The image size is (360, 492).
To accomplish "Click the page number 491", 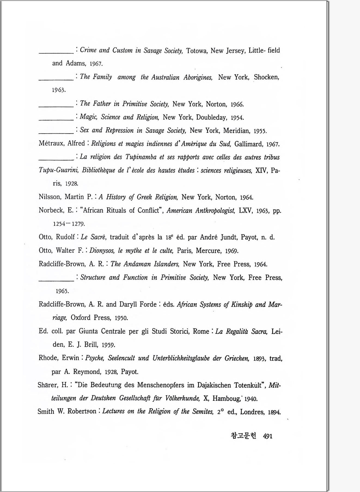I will coord(268,436).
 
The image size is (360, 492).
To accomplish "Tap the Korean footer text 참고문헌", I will coord(243,436).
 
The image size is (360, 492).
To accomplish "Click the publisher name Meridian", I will coord(237,131).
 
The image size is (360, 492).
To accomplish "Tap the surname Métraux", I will coord(51,144).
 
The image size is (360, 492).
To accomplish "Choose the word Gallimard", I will coord(249,144).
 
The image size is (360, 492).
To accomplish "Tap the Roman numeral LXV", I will coord(246,211).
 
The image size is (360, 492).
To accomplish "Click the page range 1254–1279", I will coord(69,224).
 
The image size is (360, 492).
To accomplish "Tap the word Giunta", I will coord(88,331).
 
